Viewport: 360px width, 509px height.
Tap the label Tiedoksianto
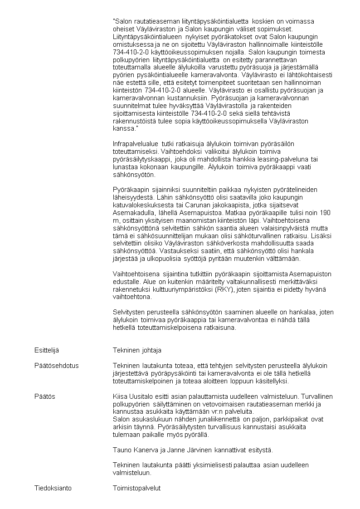click(53, 488)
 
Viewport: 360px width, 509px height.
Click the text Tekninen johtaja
click(137, 350)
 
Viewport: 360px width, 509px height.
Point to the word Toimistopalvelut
click(136, 488)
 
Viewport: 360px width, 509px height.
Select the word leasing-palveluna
click(285, 159)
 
